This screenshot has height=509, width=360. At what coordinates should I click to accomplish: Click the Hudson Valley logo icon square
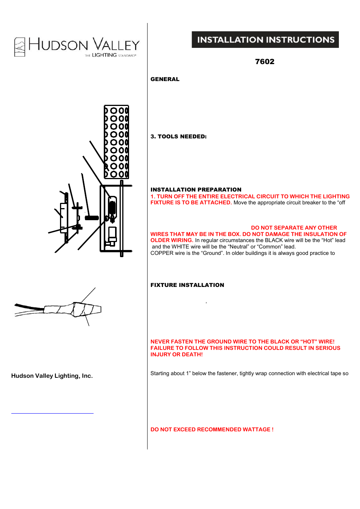point(20,47)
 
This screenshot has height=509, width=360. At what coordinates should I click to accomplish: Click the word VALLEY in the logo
point(116,45)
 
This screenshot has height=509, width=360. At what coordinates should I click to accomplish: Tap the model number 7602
point(265,62)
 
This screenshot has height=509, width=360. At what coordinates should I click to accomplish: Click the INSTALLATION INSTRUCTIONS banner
point(265,40)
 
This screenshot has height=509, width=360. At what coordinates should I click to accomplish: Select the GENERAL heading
point(165,79)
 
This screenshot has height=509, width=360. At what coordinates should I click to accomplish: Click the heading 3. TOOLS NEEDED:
point(178,136)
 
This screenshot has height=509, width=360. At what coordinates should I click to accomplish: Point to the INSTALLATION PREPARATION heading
point(196,190)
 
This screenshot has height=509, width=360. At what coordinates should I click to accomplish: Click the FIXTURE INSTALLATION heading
point(187,285)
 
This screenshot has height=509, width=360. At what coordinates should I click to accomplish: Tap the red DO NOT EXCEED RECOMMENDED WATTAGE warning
point(212,429)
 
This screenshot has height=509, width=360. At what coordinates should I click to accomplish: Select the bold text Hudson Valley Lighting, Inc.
point(52,376)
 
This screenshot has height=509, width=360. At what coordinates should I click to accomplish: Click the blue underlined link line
point(52,413)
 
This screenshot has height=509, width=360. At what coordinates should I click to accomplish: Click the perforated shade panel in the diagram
point(117,142)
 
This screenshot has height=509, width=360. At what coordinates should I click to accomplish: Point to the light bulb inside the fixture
point(112,207)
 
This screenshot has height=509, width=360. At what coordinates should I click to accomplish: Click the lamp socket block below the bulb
point(112,235)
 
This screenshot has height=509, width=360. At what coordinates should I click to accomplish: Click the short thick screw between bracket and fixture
point(92,218)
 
